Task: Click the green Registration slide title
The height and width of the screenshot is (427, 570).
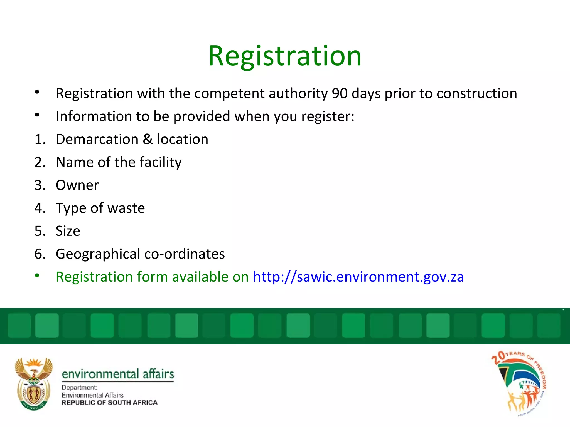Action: click(284, 56)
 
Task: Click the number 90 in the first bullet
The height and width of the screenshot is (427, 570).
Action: click(340, 93)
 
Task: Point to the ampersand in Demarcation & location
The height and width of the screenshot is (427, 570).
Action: click(148, 139)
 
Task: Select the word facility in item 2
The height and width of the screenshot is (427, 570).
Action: click(160, 162)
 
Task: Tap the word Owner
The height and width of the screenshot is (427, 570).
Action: click(77, 185)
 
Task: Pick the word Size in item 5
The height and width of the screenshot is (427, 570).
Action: click(68, 231)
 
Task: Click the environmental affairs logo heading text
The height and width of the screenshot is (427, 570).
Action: click(118, 374)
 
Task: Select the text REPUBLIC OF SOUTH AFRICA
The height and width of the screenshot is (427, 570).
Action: click(109, 403)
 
